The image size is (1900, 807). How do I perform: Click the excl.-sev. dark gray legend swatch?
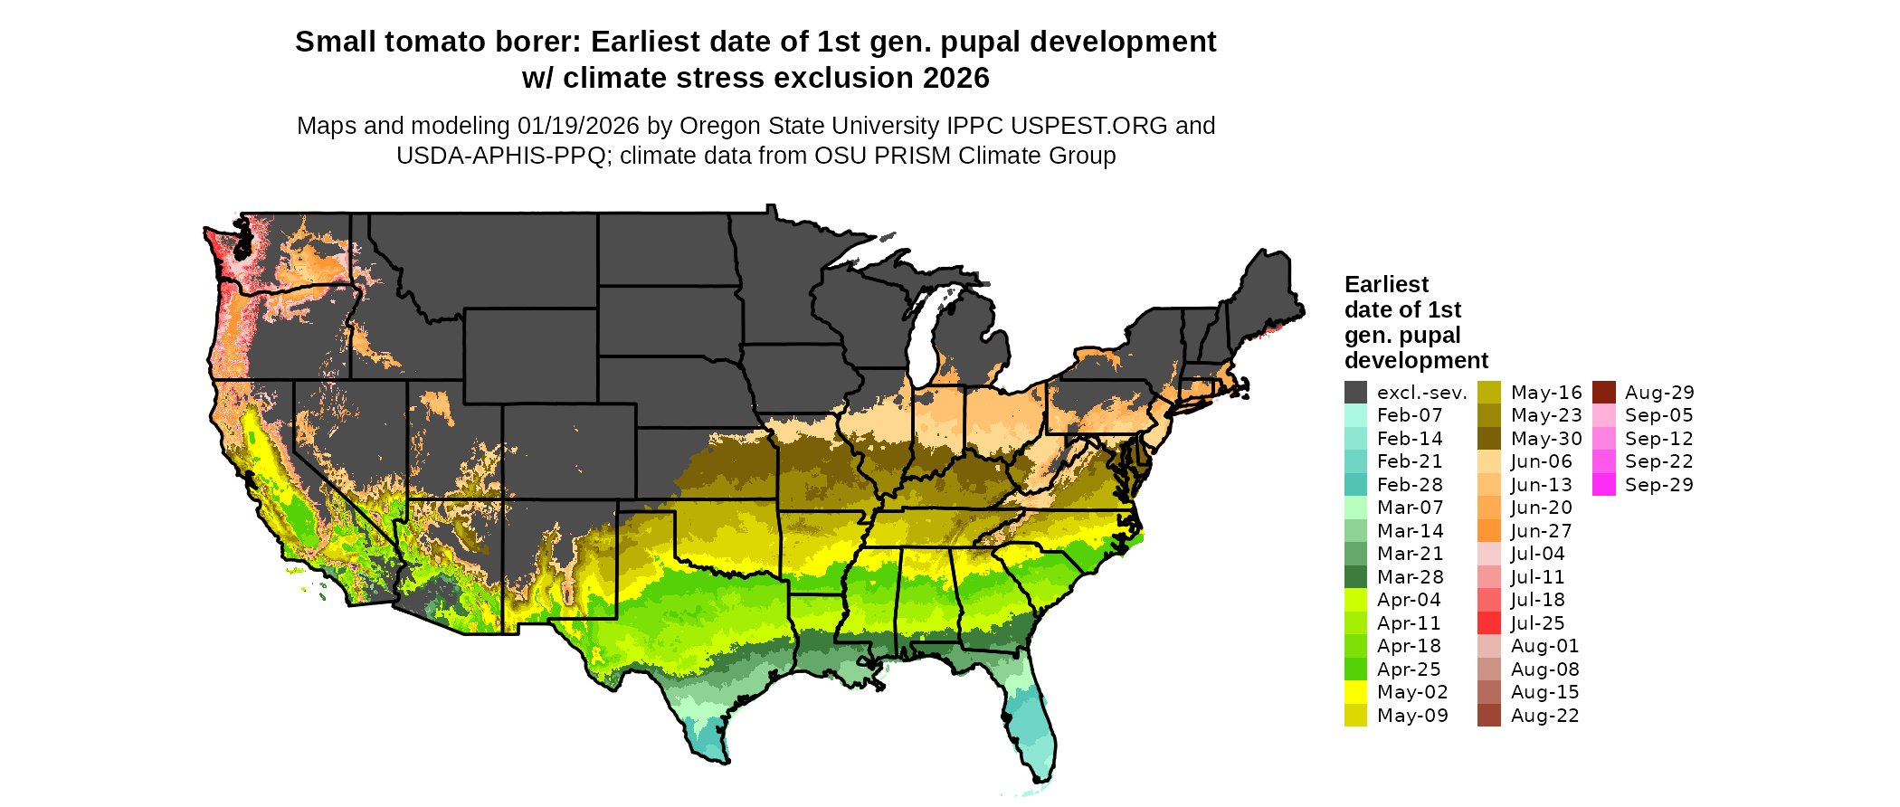[x=1355, y=393]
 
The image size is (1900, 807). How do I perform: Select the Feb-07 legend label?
[x=1410, y=415]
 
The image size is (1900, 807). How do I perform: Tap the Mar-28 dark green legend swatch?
[x=1355, y=577]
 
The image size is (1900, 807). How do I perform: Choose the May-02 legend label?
[x=1412, y=692]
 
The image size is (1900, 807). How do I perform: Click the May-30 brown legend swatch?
[x=1488, y=439]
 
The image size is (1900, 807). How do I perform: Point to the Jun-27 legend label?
[x=1541, y=531]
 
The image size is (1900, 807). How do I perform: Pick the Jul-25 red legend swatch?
[x=1488, y=623]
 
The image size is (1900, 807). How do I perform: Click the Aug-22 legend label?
[x=1544, y=716]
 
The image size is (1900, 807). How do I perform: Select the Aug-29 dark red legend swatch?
[x=1603, y=393]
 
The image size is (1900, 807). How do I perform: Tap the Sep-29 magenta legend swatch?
[x=1603, y=485]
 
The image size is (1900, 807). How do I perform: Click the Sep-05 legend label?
[x=1658, y=415]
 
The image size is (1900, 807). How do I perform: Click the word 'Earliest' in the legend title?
[x=1386, y=285]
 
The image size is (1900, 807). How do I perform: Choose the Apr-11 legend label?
[x=1409, y=623]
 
